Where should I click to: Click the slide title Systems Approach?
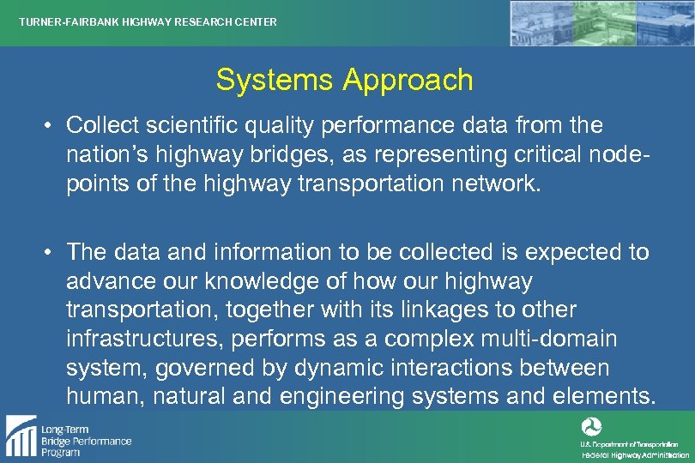pyautogui.click(x=344, y=80)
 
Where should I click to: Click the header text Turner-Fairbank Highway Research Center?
pyautogui.click(x=148, y=22)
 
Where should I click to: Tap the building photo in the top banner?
pyautogui.click(x=601, y=23)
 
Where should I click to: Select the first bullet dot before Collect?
pyautogui.click(x=51, y=126)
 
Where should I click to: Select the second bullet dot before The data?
pyautogui.click(x=51, y=253)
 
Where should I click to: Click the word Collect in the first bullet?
pyautogui.click(x=102, y=125)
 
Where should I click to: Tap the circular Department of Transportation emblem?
pyautogui.click(x=591, y=426)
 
